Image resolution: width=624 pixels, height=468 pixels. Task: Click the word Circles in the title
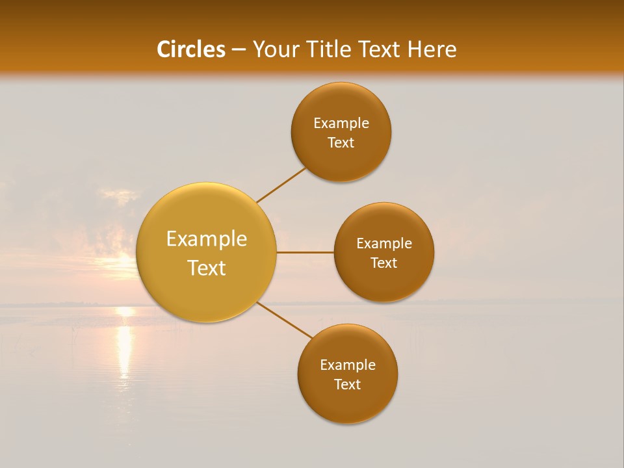coord(191,49)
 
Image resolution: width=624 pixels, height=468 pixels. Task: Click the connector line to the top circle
coord(281,185)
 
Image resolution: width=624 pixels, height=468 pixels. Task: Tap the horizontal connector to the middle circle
coord(305,252)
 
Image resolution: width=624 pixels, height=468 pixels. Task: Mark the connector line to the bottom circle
coord(285,320)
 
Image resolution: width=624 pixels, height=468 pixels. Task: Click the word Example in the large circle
coord(207,239)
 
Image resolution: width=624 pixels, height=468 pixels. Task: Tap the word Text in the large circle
coord(207,268)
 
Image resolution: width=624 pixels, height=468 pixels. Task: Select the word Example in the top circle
coord(341,123)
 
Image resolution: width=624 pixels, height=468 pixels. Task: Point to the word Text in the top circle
coord(341,143)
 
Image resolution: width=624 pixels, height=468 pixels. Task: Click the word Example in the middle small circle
coord(384,244)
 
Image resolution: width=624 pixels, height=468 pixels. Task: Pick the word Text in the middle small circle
coord(384,263)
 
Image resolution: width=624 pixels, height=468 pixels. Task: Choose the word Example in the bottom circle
coord(348,365)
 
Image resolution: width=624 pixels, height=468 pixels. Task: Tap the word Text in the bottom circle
coord(348,385)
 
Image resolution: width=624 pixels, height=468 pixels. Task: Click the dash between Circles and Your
coord(239,50)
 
